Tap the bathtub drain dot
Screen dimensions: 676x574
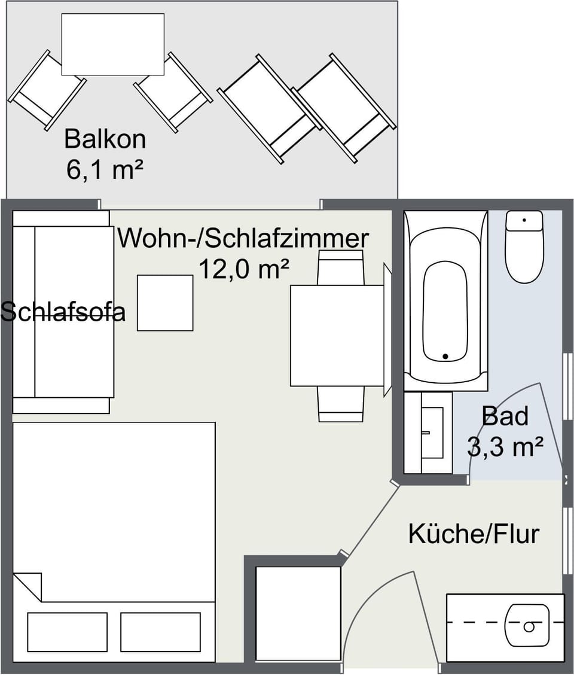(445, 357)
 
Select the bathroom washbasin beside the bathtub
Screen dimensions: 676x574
(432, 432)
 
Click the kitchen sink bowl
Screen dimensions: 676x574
(527, 626)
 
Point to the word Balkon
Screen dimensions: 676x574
(105, 139)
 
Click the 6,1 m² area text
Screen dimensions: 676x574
(105, 170)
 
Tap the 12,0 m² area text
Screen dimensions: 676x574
(244, 269)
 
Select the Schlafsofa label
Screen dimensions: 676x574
(63, 312)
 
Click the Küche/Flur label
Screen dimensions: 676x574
(474, 533)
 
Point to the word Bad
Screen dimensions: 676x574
(505, 416)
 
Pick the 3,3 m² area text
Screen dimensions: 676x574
(505, 446)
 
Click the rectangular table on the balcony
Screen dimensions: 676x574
(113, 44)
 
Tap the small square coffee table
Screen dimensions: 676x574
(165, 303)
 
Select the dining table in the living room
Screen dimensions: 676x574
(337, 336)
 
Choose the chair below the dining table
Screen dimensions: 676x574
(340, 404)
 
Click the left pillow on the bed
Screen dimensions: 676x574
(67, 632)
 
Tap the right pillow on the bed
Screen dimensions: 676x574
(160, 632)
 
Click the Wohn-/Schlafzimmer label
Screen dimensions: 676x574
(243, 239)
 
